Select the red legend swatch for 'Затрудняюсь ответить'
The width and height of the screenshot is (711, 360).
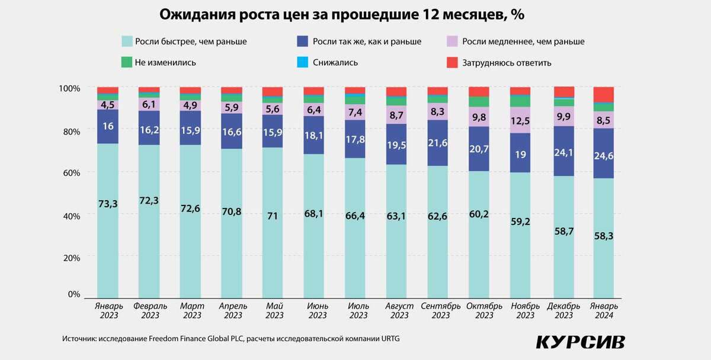pyautogui.click(x=451, y=62)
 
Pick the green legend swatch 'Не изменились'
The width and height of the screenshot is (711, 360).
pyautogui.click(x=126, y=62)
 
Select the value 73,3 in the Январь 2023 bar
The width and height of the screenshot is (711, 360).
pyautogui.click(x=108, y=204)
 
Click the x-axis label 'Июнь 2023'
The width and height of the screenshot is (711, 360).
pyautogui.click(x=317, y=311)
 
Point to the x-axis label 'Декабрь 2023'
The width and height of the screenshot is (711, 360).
pyautogui.click(x=563, y=311)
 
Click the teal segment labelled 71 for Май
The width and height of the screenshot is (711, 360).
pyautogui.click(x=273, y=216)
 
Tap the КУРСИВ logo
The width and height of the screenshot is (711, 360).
pyautogui.click(x=580, y=342)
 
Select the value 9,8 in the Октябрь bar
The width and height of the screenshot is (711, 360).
pyautogui.click(x=479, y=117)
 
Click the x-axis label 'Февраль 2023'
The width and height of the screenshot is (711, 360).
pyautogui.click(x=150, y=311)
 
